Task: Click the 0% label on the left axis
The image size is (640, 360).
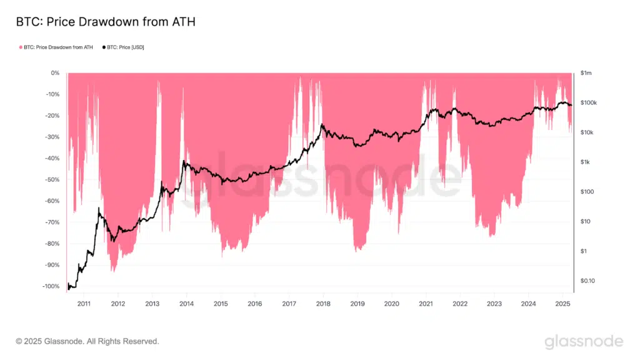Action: tap(55, 73)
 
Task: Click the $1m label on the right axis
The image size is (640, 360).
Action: tap(586, 73)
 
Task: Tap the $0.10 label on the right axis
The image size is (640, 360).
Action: tap(588, 281)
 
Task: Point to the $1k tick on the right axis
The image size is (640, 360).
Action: tap(586, 162)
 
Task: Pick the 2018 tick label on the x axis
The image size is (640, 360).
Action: tap(323, 304)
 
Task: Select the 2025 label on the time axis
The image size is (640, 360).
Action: tap(562, 304)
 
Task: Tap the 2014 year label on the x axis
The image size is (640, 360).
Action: tap(186, 304)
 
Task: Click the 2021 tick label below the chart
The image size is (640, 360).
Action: tap(426, 304)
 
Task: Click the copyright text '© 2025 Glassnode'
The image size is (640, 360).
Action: tap(87, 341)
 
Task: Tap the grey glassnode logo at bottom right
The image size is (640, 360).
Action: tap(583, 341)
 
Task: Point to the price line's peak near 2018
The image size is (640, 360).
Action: tap(322, 124)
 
